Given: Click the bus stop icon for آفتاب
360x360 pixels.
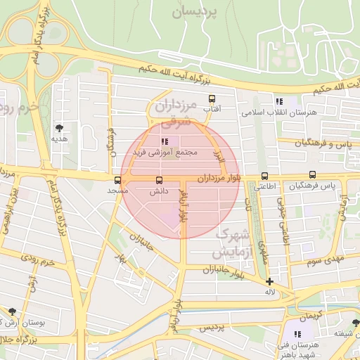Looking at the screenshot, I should point(211,99).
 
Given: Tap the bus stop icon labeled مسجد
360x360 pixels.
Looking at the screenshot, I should point(117,180).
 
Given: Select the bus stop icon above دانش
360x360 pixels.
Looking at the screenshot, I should point(158,180).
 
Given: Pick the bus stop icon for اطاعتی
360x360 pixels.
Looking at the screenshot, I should point(264,176).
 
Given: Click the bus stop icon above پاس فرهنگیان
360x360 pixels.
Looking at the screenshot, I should point(312,175).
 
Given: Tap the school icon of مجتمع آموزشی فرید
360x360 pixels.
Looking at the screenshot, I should point(165,141).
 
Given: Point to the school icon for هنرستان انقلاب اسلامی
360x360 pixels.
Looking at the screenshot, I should point(279,101).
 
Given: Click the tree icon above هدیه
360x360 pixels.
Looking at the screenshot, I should point(59,127).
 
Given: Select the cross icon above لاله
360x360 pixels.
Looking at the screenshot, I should point(269,281).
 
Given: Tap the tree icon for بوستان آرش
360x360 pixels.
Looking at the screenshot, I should point(12,311).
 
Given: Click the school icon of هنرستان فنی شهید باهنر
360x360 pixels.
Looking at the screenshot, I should point(297,333).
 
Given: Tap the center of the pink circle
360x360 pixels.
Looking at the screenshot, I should point(172,180).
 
